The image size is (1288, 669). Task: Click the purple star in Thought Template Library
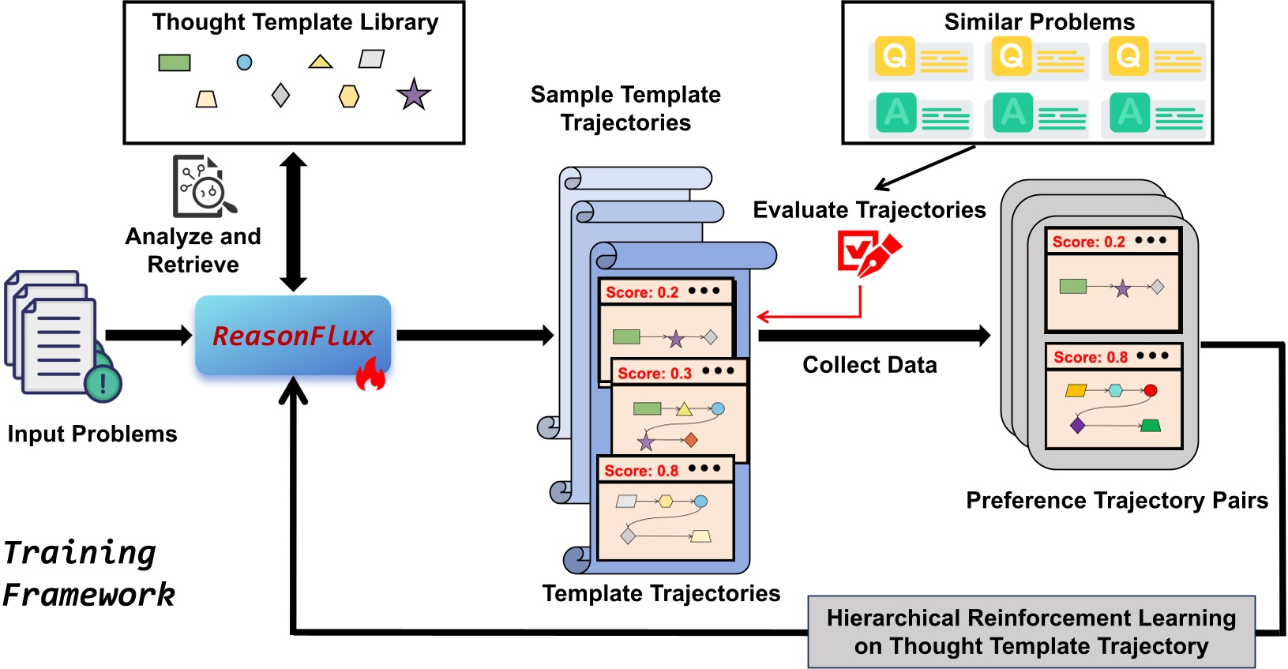413,95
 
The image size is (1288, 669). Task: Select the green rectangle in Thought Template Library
174,62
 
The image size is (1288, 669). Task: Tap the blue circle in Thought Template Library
245,62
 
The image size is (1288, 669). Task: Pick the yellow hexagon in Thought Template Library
349,96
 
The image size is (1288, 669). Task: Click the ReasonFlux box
293,336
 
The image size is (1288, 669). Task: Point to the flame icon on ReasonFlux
370,374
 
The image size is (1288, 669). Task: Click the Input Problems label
92,434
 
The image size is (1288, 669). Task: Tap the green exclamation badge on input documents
103,384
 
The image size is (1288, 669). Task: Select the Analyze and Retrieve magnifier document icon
203,186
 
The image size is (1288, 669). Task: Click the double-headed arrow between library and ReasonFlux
293,222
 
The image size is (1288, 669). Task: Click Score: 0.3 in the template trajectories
655,373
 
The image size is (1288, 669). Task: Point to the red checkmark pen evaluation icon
867,254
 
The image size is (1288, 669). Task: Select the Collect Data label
869,365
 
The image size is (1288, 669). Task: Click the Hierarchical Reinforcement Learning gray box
1031,632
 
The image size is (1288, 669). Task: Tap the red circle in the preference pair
1150,390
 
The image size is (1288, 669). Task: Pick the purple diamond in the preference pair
1077,426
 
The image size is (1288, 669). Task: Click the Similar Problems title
1039,22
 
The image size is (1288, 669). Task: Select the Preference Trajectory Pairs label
1117,500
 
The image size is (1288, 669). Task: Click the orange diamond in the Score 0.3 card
691,440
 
